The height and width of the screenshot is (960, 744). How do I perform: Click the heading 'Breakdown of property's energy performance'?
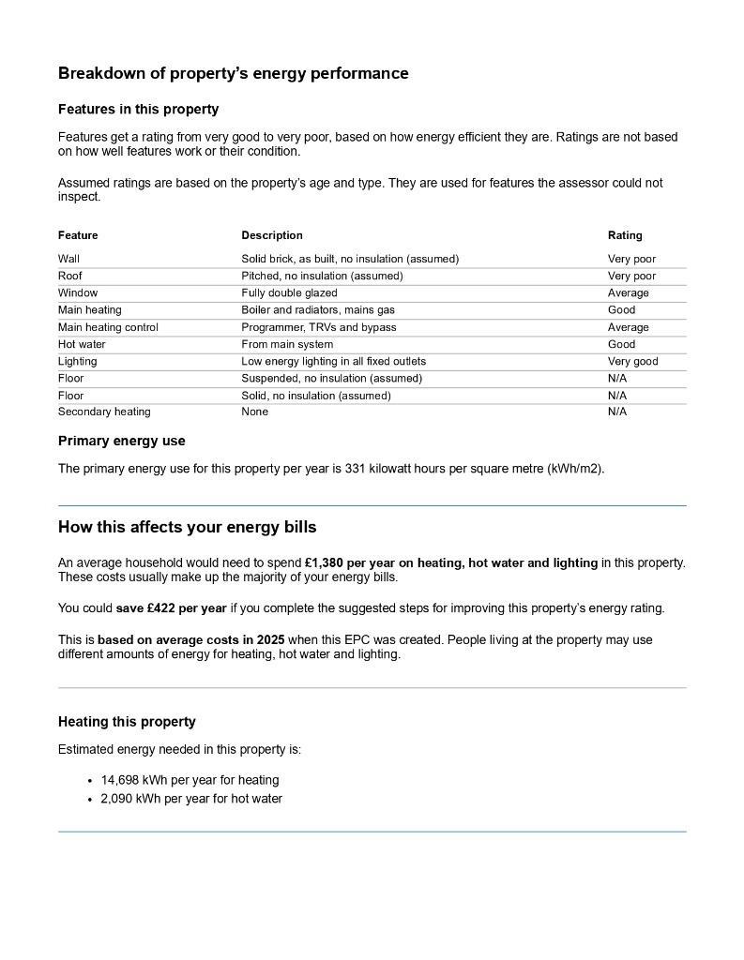click(233, 73)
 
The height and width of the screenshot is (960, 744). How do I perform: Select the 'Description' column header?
click(272, 235)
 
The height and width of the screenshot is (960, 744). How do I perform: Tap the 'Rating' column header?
click(625, 235)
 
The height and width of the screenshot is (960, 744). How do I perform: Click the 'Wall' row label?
click(68, 259)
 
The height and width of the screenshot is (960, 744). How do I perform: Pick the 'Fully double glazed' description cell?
click(289, 293)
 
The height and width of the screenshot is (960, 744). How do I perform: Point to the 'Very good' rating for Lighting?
click(632, 362)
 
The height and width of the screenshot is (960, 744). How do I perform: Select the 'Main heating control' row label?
click(108, 327)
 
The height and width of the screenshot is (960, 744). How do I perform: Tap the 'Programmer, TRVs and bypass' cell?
click(318, 327)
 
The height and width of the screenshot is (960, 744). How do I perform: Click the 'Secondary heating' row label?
click(104, 412)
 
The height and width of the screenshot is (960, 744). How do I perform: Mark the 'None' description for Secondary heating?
click(254, 412)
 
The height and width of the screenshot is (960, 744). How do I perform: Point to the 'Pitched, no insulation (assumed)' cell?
click(322, 277)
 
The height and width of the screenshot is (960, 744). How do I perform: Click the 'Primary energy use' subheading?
click(122, 441)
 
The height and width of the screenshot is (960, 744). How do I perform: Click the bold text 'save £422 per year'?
click(172, 607)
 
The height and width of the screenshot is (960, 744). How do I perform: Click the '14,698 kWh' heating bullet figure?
click(130, 780)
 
